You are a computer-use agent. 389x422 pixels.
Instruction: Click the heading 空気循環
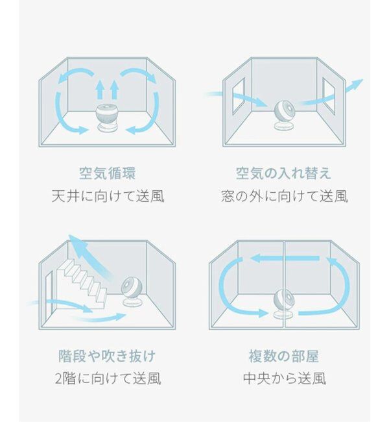107,173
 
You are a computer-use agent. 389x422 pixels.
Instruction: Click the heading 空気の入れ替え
283,173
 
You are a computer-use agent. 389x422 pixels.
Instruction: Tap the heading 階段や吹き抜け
107,356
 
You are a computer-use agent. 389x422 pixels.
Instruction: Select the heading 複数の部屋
283,356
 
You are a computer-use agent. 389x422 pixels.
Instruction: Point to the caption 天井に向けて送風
107,195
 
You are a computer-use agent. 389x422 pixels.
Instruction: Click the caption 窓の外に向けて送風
283,195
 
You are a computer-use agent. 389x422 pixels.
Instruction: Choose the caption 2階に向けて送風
107,378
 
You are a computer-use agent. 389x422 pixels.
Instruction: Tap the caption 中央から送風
283,378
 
